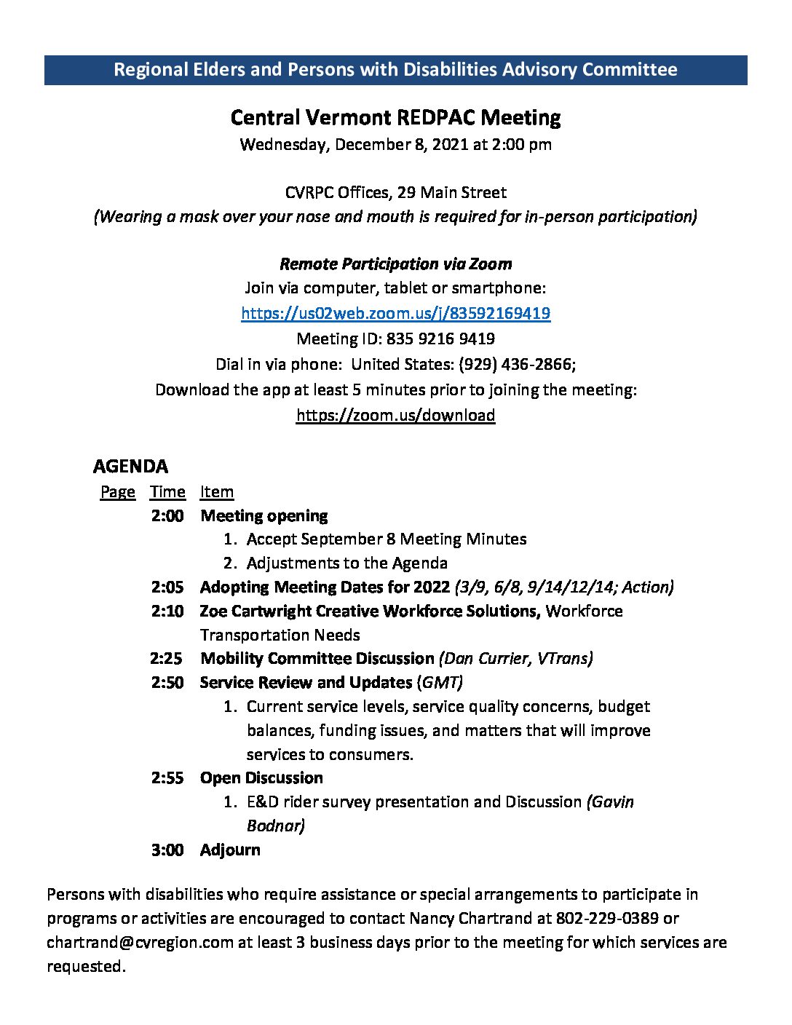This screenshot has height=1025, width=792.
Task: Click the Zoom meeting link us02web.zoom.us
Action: (395, 313)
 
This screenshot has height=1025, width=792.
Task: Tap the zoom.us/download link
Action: (395, 415)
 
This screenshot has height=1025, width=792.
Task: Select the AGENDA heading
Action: (130, 466)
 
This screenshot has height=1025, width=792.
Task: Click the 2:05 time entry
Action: (167, 587)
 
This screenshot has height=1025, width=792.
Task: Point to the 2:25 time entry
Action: (167, 658)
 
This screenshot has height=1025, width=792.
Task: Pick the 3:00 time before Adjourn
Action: (167, 850)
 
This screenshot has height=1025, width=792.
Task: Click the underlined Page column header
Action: (117, 492)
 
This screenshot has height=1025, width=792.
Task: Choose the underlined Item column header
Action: (217, 492)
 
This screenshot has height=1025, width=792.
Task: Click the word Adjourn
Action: (230, 850)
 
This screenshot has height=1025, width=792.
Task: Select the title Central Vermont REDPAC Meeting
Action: (395, 117)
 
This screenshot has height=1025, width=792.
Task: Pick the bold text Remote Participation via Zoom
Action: (395, 264)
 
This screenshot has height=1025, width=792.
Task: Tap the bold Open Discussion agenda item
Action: (261, 777)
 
